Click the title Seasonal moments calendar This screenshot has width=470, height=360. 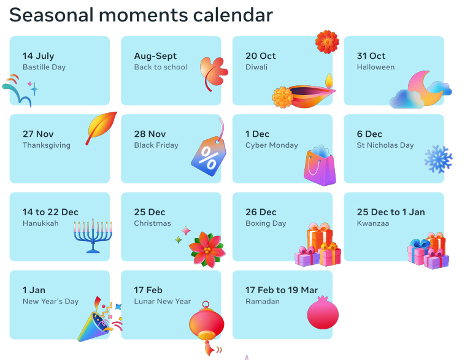(x=141, y=15)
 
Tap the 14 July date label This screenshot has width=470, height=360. (x=39, y=56)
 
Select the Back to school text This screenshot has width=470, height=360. (x=161, y=67)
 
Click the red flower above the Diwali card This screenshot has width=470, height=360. (x=327, y=42)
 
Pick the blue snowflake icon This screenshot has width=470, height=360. (x=439, y=159)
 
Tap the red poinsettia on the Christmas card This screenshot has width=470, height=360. (x=207, y=249)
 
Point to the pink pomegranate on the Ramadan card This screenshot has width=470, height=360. (x=323, y=312)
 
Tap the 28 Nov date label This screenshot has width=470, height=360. (x=150, y=134)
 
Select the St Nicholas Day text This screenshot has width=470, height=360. (x=385, y=145)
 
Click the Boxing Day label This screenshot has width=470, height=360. (x=266, y=224)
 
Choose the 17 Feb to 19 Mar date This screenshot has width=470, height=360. (x=282, y=290)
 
